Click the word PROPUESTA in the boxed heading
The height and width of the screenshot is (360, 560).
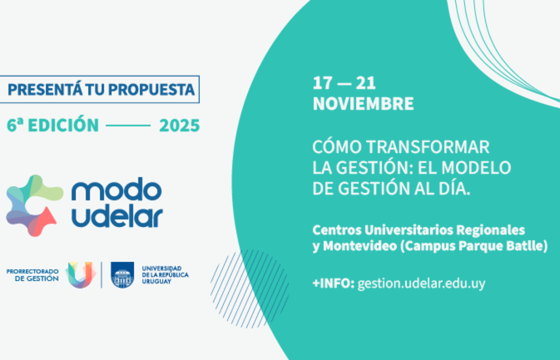[152, 89]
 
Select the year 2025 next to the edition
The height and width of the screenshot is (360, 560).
[179, 126]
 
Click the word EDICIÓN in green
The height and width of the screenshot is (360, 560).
[64, 125]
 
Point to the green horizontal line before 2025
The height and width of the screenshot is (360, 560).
[128, 126]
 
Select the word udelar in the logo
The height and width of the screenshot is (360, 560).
[118, 216]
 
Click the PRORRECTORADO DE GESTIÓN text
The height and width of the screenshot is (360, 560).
[33, 275]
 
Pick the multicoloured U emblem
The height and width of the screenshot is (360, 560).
[81, 275]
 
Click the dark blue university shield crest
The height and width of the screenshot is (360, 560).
[122, 275]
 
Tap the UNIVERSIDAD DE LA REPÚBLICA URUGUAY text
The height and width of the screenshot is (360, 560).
[165, 275]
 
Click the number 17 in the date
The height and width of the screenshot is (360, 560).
[322, 83]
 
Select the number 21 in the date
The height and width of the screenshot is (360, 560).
[366, 83]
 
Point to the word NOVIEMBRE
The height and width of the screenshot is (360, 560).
[363, 103]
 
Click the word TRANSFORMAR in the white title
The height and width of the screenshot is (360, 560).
[428, 147]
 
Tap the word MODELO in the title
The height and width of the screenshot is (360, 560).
[476, 168]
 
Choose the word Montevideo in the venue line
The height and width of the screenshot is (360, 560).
[360, 246]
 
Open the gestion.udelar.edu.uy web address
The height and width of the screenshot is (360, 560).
[421, 284]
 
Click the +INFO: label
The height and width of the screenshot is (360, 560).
[334, 284]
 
